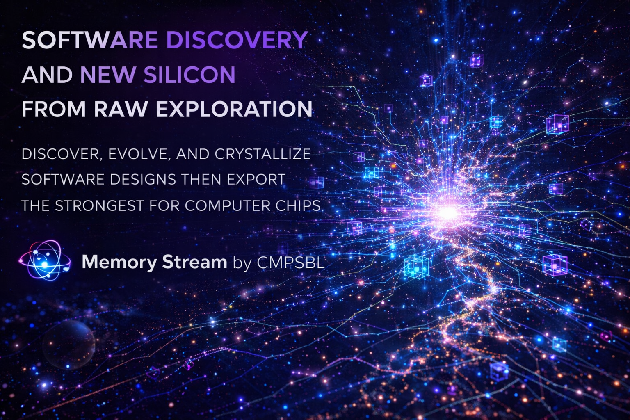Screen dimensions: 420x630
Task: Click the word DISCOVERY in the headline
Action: click(237, 40)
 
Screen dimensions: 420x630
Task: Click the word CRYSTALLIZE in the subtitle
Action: click(262, 154)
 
